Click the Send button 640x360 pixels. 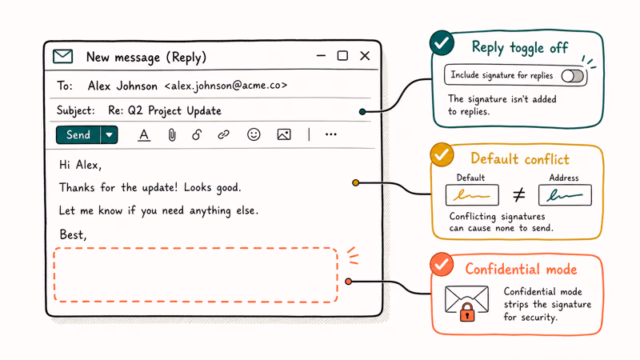[x=78, y=135]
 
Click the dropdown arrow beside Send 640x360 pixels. [x=110, y=135]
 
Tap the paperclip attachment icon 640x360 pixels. [x=172, y=134]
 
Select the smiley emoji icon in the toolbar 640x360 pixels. [x=254, y=134]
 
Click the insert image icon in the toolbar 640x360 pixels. [x=284, y=134]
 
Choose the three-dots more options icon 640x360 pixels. [x=331, y=134]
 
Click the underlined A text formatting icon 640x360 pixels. [x=144, y=135]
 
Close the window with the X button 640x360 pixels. [x=365, y=56]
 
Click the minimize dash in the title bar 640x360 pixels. [x=322, y=56]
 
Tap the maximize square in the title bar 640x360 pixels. [x=342, y=55]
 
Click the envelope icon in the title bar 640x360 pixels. [x=63, y=56]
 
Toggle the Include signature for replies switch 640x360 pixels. [x=572, y=76]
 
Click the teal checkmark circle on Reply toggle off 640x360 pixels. [x=442, y=43]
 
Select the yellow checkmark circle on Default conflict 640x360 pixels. [x=442, y=154]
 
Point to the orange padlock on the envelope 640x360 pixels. [x=467, y=312]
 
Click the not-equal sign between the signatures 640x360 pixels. [x=518, y=194]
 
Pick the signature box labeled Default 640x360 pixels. [x=472, y=194]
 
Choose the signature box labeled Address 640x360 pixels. [x=565, y=194]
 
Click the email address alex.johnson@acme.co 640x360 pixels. [x=226, y=86]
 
